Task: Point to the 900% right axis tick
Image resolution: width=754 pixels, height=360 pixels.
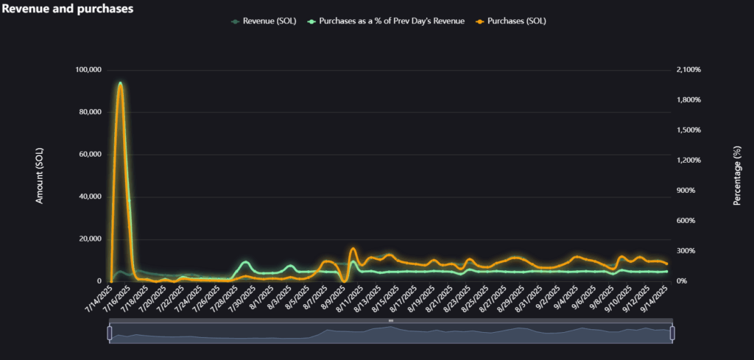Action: coord(690,191)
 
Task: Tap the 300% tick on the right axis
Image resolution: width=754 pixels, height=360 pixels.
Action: coord(690,251)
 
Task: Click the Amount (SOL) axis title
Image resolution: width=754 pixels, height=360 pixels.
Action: coord(40,175)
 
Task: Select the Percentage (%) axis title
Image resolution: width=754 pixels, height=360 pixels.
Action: coord(737,175)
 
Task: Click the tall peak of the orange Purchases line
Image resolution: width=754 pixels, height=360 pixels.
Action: coord(120,85)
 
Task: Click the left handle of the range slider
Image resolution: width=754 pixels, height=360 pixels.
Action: coord(110,333)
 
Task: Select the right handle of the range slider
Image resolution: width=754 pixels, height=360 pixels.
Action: coord(672,333)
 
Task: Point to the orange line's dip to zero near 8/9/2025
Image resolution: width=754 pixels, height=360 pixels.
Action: coord(344,280)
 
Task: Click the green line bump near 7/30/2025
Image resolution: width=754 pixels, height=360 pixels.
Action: coord(245,262)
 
